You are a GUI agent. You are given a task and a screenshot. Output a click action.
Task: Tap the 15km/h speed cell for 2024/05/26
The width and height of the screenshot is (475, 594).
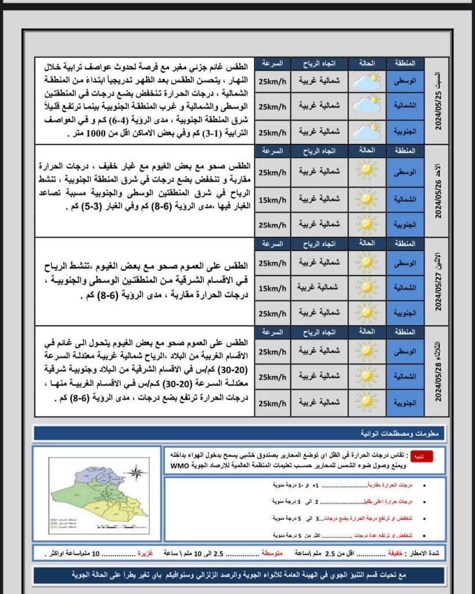point(272,200)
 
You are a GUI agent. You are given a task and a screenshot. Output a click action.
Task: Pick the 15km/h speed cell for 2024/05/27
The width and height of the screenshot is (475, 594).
point(272,288)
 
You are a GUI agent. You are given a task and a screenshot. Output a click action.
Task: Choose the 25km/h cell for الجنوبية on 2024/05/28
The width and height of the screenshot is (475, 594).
point(272,403)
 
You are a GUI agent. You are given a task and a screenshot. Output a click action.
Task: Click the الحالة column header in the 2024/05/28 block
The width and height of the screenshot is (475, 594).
point(367,332)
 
